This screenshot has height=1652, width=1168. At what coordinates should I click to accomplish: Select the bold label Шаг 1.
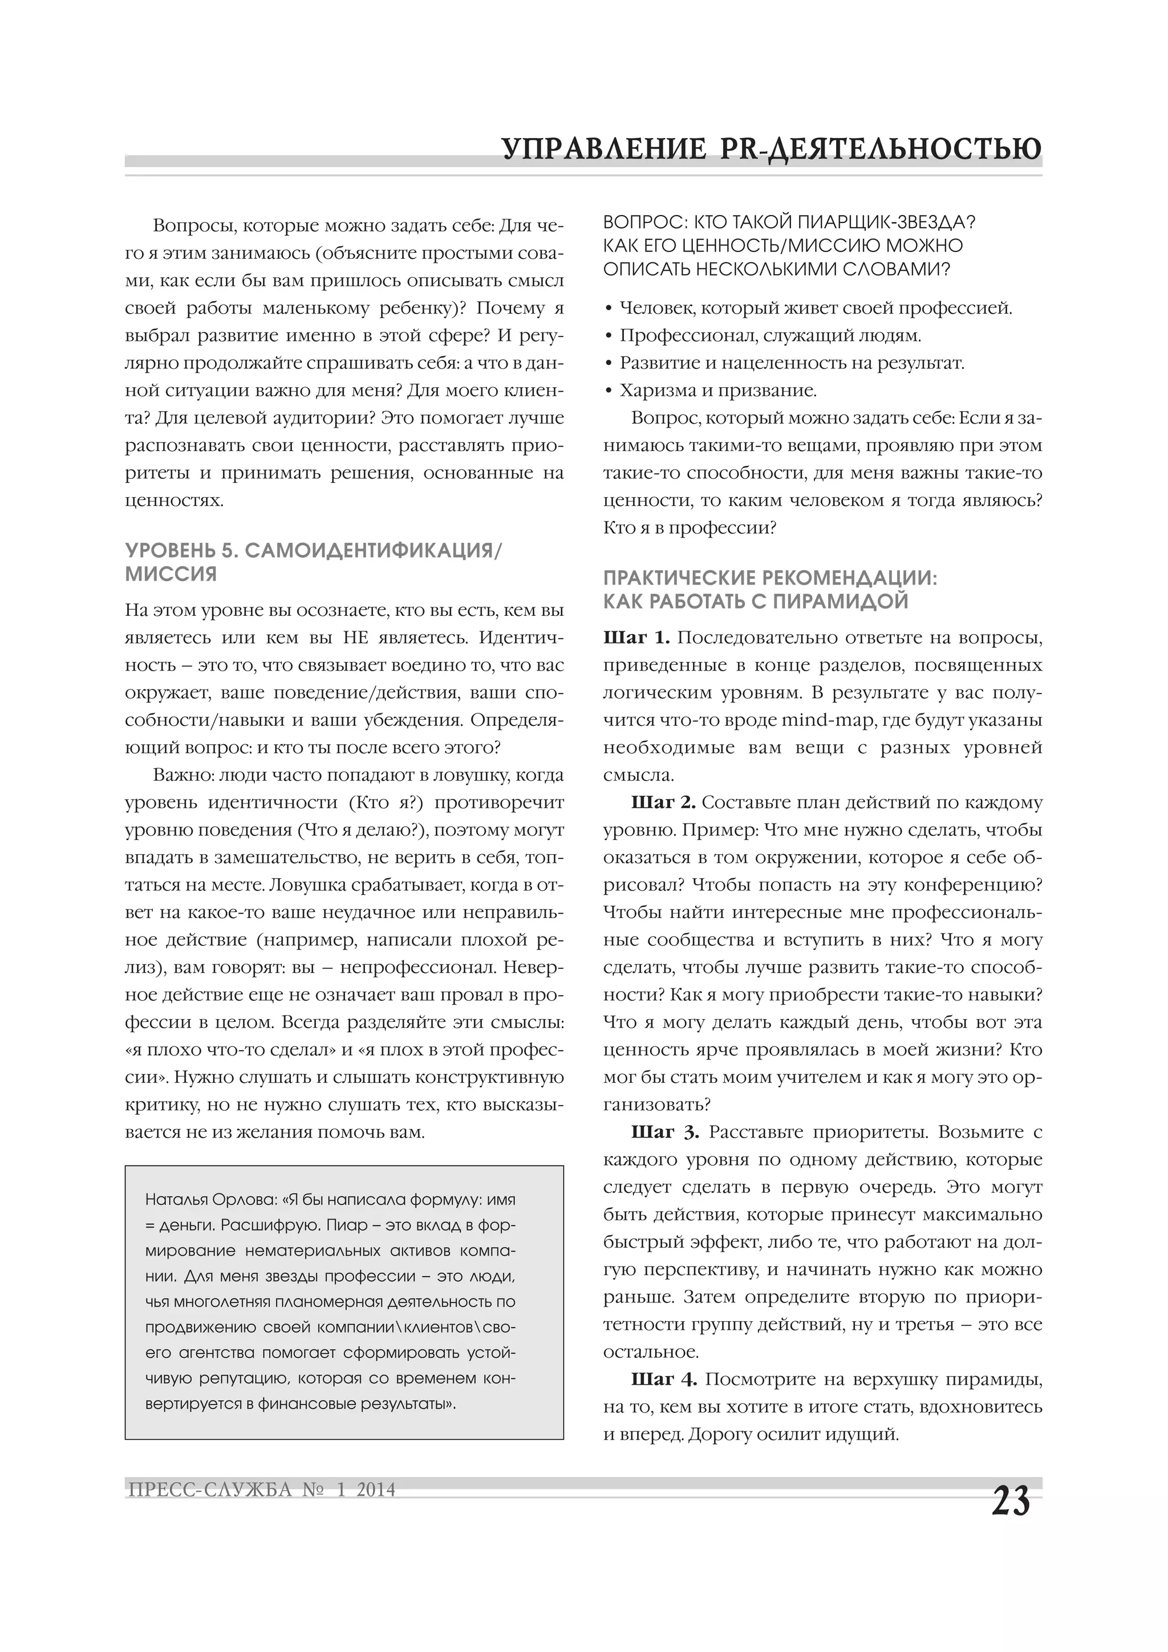coord(636,638)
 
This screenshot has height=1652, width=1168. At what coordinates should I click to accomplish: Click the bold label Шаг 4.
coord(663,1379)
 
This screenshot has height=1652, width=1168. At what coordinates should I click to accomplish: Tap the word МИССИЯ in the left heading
coord(171,574)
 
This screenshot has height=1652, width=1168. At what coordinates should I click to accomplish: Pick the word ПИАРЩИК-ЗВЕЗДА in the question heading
coord(878,222)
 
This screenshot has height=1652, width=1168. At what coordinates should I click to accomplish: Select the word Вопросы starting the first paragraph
coord(193,226)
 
